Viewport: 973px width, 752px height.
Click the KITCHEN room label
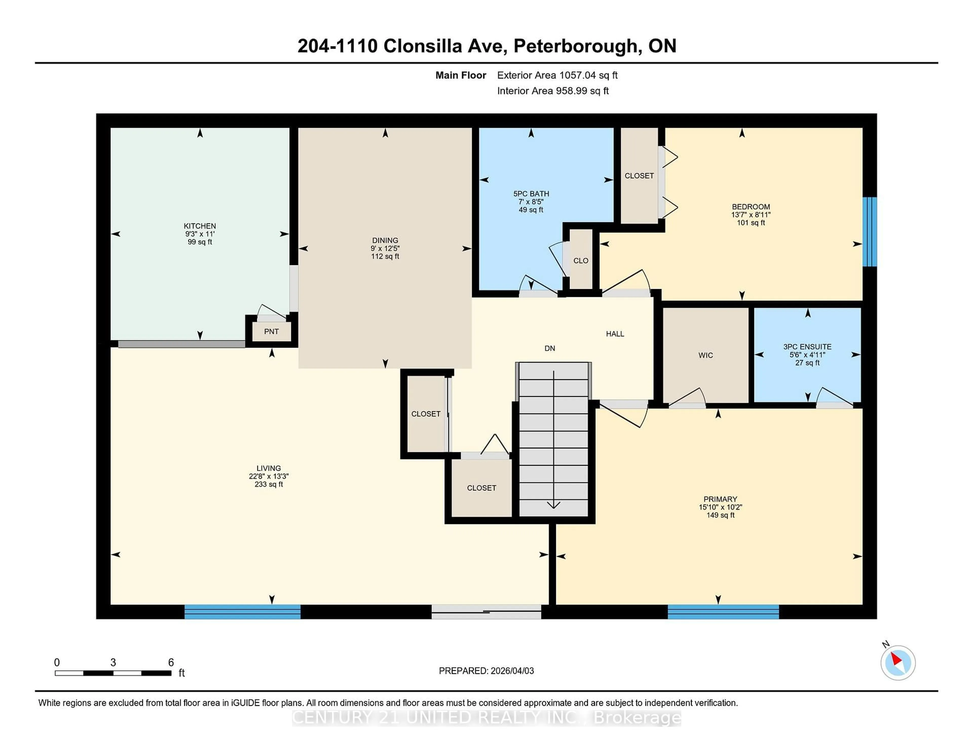[200, 226]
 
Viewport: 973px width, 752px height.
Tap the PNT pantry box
[271, 331]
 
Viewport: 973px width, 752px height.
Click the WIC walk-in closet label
[705, 355]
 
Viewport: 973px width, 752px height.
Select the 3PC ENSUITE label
[807, 347]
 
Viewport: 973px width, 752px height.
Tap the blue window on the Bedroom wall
[869, 232]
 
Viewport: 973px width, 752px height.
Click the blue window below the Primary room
[723, 612]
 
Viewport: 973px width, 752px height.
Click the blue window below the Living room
[242, 612]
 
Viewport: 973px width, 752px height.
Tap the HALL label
[615, 334]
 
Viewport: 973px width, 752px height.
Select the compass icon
[898, 663]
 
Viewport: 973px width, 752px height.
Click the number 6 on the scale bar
[171, 663]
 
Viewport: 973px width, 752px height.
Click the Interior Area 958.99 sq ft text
[552, 91]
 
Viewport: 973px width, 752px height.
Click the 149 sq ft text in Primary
[720, 515]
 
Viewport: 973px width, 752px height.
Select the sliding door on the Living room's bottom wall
[486, 612]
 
